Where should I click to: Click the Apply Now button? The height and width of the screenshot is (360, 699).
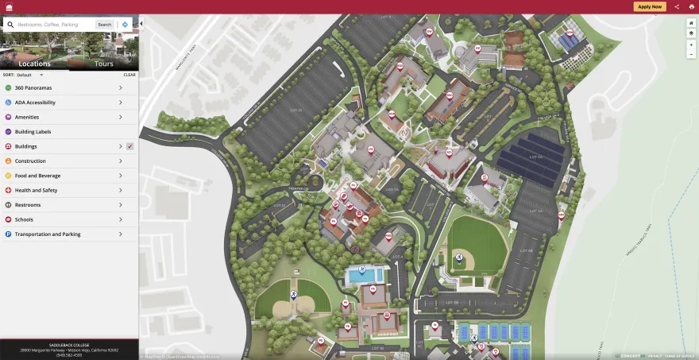(x=650, y=6)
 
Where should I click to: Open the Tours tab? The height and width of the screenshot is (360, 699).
(x=103, y=64)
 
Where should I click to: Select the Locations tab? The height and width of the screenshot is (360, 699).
(x=34, y=64)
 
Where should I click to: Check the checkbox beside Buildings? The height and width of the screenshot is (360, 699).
(x=129, y=146)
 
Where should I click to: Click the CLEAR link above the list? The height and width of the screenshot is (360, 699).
(x=129, y=75)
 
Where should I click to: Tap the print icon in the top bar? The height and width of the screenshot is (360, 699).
(x=691, y=6)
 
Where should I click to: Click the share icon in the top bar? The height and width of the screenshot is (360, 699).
(x=677, y=6)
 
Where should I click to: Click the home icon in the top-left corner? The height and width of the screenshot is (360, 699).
(x=10, y=6)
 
